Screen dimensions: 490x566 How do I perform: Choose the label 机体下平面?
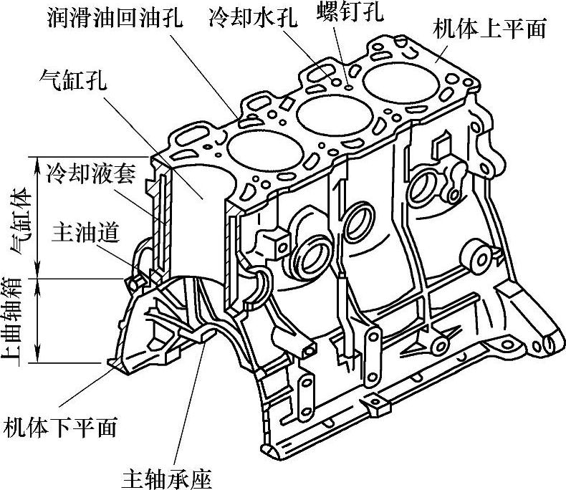(x=60, y=428)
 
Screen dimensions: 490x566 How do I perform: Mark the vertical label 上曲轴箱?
(x=16, y=320)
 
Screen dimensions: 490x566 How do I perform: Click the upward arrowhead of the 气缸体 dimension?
(x=36, y=158)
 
